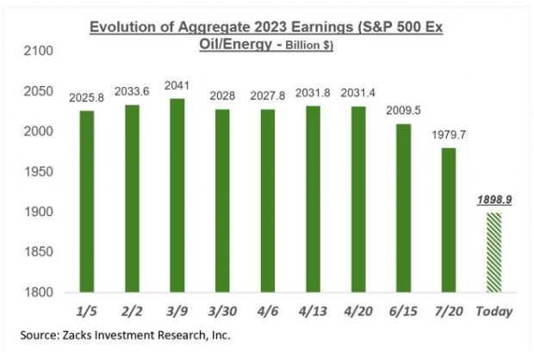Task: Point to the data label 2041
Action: point(177,88)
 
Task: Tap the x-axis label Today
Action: point(494,311)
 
